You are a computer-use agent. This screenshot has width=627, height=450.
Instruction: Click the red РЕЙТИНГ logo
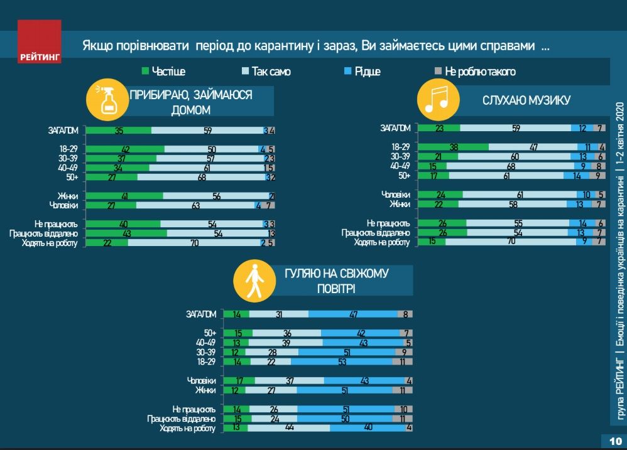pyautogui.click(x=40, y=41)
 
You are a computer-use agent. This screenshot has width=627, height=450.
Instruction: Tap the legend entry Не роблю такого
pyautogui.click(x=475, y=72)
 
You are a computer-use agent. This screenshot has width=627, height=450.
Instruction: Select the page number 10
pyautogui.click(x=614, y=441)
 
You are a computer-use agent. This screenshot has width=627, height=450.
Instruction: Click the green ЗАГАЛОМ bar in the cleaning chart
pyautogui.click(x=118, y=131)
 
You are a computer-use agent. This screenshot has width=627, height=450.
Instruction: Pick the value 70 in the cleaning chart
pyautogui.click(x=194, y=243)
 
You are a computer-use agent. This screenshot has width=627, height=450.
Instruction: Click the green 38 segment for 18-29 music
pyautogui.click(x=452, y=147)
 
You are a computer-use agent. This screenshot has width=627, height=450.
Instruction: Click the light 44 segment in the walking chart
pyautogui.click(x=289, y=429)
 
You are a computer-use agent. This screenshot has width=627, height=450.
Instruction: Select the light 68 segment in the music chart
pyautogui.click(x=510, y=166)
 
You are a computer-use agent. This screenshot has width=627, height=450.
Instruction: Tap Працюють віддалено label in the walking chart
pyautogui.click(x=182, y=419)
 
